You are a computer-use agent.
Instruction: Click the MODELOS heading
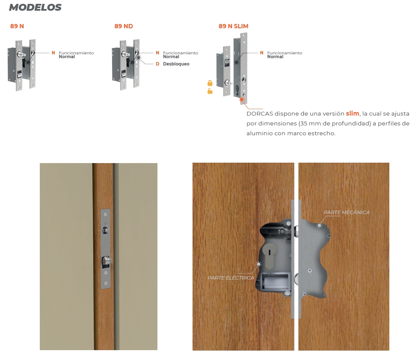pyautogui.click(x=35, y=7)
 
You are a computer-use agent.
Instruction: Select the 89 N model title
pyautogui.click(x=17, y=26)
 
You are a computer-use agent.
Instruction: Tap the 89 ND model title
pyautogui.click(x=124, y=26)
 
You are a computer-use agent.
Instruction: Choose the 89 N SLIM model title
pyautogui.click(x=233, y=26)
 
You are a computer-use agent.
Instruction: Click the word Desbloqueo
pyautogui.click(x=176, y=64)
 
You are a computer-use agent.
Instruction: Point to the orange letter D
pyautogui.click(x=157, y=64)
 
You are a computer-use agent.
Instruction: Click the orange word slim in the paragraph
pyautogui.click(x=353, y=113)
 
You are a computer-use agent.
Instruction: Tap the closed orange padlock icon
pyautogui.click(x=210, y=83)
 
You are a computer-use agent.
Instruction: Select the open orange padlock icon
pyautogui.click(x=210, y=91)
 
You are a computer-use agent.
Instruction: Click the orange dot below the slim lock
pyautogui.click(x=241, y=100)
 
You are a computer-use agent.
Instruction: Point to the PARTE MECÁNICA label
pyautogui.click(x=347, y=212)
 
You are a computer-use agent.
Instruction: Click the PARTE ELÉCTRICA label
pyautogui.click(x=231, y=278)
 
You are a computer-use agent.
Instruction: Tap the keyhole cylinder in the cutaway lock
pyautogui.click(x=270, y=256)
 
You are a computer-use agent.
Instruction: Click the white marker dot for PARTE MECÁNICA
pyautogui.click(x=319, y=225)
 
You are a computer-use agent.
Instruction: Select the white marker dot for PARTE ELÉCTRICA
pyautogui.click(x=258, y=264)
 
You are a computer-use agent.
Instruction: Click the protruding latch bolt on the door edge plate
pyautogui.click(x=107, y=261)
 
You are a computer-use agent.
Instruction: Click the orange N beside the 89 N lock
pyautogui.click(x=53, y=53)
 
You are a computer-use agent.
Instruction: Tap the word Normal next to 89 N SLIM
pyautogui.click(x=275, y=57)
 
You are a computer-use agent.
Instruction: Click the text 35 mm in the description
pyautogui.click(x=309, y=123)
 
